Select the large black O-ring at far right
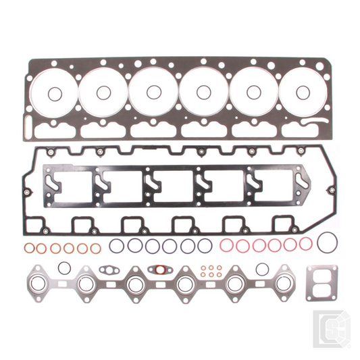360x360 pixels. click(328, 240)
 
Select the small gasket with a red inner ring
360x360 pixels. click(159, 269)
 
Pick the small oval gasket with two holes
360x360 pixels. click(109, 270)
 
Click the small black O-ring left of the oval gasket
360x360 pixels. click(64, 265)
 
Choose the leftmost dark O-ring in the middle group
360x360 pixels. click(117, 245)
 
